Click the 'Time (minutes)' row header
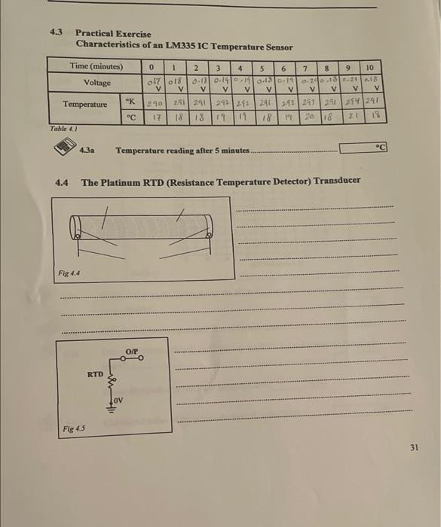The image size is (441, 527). pyautogui.click(x=96, y=67)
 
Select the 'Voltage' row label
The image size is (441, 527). pyautogui.click(x=97, y=82)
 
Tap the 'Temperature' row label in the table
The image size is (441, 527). pyautogui.click(x=84, y=104)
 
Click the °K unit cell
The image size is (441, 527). pyautogui.click(x=131, y=99)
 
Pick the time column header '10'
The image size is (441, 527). pyautogui.click(x=370, y=68)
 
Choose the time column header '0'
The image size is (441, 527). pyautogui.click(x=152, y=67)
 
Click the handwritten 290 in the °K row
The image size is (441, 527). pyautogui.click(x=153, y=100)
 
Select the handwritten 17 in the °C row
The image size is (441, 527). pyautogui.click(x=153, y=117)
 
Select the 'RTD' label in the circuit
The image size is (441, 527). pyautogui.click(x=94, y=373)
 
